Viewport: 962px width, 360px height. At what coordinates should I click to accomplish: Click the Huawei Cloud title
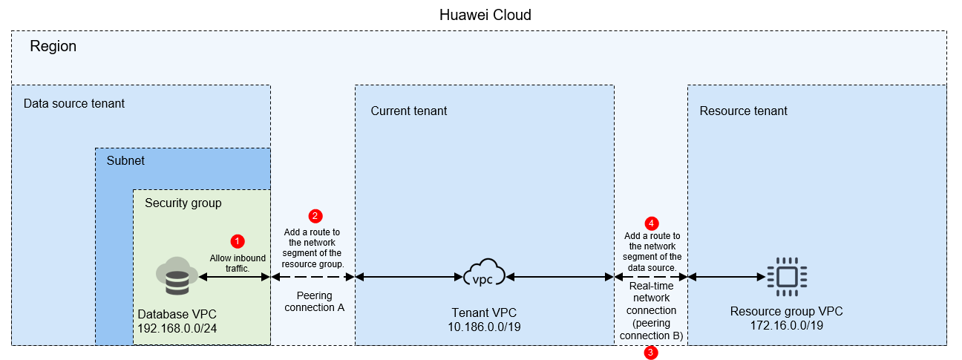(x=485, y=15)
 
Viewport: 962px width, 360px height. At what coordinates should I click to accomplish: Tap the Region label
(x=53, y=47)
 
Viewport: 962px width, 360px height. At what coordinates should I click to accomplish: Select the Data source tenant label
(x=74, y=103)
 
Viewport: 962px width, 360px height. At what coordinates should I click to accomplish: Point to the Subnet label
(x=125, y=160)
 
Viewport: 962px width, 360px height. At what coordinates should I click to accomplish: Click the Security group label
(x=183, y=203)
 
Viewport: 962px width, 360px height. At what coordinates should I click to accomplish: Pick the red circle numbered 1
(x=238, y=241)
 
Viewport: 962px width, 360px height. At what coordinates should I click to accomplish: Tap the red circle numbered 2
(x=315, y=216)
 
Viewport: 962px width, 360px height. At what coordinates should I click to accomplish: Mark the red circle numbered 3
(x=651, y=353)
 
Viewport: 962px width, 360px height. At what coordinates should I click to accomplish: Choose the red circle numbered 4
(x=652, y=223)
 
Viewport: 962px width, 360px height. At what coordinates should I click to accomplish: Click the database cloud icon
(x=177, y=276)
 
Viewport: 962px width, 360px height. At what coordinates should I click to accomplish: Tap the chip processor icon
(x=788, y=277)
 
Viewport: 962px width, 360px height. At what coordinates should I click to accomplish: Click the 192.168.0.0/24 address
(x=177, y=329)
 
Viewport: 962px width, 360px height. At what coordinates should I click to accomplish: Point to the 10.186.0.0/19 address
(x=484, y=327)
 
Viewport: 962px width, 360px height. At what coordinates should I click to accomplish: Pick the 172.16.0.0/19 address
(x=787, y=326)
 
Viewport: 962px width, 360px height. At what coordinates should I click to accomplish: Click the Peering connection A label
(x=315, y=301)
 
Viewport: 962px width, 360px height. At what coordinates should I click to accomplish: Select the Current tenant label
(x=409, y=111)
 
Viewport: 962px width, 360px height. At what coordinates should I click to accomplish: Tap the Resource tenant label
(x=744, y=111)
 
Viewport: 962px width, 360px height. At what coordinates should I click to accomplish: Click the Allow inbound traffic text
(x=238, y=264)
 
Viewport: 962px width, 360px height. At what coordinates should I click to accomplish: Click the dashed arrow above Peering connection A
(x=313, y=277)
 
